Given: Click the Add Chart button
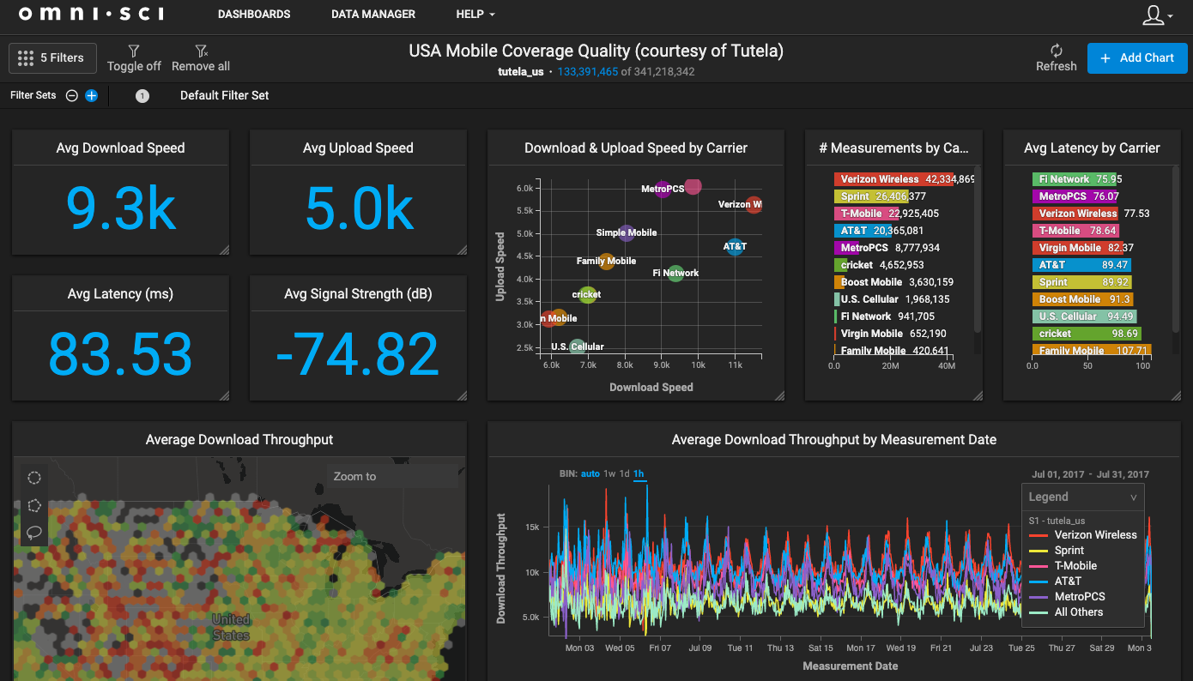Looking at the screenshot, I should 1136,58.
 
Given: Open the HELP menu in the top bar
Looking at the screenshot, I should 475,15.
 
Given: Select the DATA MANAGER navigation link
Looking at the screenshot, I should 373,15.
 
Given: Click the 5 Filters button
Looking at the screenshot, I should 52,58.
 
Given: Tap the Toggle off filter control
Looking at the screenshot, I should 134,58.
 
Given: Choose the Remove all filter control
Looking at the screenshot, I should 201,58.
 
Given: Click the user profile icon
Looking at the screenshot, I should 1155,15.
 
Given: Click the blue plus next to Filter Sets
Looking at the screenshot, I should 91,96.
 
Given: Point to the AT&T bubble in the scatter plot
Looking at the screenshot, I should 735,247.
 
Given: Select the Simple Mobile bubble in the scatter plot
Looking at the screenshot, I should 627,232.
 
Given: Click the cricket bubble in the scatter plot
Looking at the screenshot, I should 587,295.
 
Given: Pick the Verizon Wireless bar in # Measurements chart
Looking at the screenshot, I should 901,179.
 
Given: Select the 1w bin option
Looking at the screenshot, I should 609,474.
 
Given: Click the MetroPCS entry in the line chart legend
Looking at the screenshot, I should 1079,597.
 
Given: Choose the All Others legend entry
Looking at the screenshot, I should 1078,612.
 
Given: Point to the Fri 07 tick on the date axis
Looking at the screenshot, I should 660,648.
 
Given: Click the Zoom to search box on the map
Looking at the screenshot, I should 391,477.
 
